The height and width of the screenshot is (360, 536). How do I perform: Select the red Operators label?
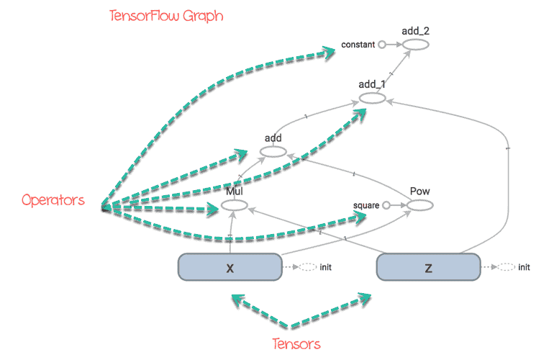[x=52, y=199]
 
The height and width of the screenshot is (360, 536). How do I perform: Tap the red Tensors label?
[x=296, y=343]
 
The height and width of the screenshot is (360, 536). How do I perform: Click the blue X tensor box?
[x=230, y=267]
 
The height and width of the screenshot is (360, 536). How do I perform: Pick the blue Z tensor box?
[x=428, y=267]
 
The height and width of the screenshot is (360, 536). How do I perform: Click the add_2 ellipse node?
[x=415, y=45]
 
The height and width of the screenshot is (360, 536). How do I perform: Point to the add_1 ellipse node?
[x=372, y=98]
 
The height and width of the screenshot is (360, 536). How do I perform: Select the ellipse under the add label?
[x=273, y=152]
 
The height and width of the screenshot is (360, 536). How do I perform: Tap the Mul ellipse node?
[x=235, y=206]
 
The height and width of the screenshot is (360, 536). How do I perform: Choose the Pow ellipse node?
[x=419, y=206]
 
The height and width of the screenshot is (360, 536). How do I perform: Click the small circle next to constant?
[x=382, y=45]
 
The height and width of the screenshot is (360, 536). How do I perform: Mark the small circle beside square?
[x=386, y=205]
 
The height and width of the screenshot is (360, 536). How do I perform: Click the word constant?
[x=358, y=45]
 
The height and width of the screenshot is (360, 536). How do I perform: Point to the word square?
[x=366, y=205]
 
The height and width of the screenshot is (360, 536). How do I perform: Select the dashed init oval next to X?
[x=308, y=267]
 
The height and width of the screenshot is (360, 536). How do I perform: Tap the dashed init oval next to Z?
[x=507, y=267]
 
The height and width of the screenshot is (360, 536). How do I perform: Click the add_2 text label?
[x=416, y=31]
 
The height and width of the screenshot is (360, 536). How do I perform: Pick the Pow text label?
[x=419, y=192]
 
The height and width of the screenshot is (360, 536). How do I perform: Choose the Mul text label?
[x=235, y=193]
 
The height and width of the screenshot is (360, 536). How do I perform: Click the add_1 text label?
[x=372, y=85]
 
